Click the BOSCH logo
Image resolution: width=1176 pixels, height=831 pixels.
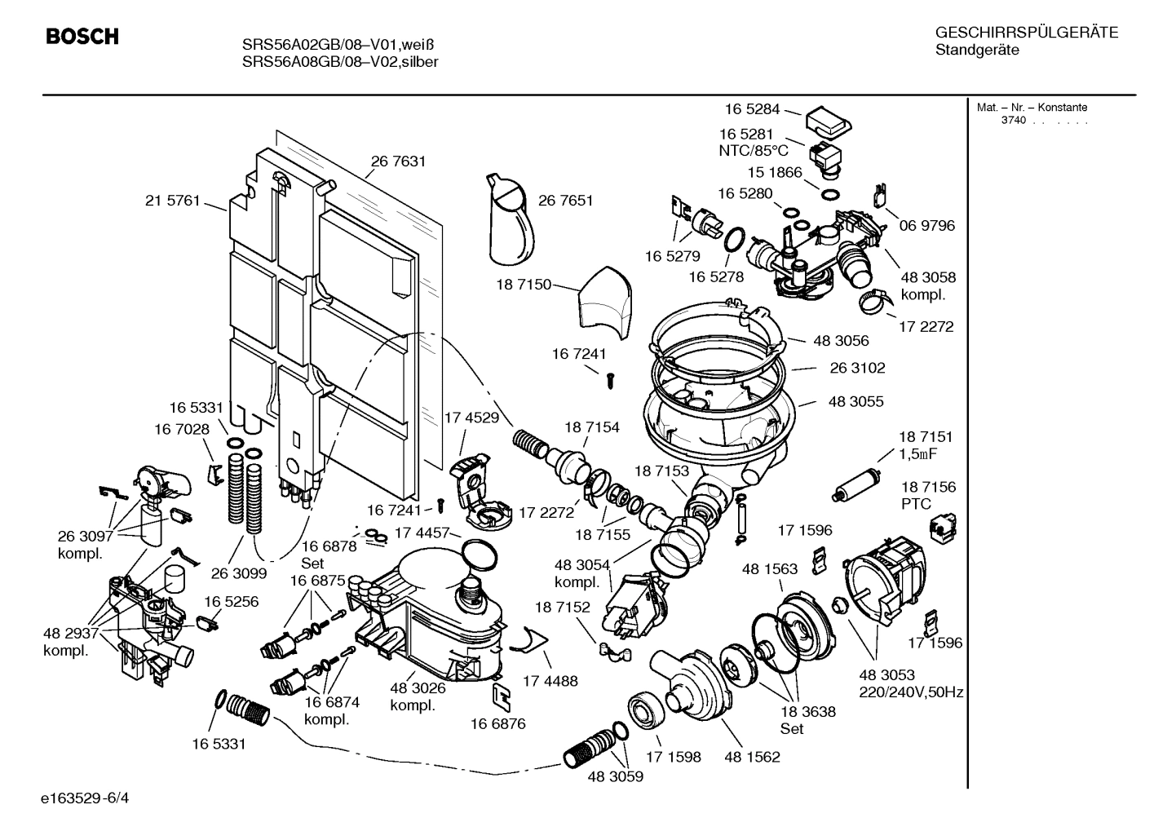click(82, 38)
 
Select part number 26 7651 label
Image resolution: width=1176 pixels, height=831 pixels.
click(565, 201)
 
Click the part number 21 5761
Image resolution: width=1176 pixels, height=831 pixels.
click(172, 201)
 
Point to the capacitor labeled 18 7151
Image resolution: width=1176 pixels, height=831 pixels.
click(855, 484)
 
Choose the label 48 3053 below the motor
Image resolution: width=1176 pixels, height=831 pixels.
click(886, 675)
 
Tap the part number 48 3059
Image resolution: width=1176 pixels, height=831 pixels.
click(615, 776)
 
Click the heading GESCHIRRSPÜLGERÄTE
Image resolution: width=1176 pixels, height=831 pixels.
click(1026, 33)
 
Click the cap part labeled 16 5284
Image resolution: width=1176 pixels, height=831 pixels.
click(829, 122)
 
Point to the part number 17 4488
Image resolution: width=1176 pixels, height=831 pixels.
click(550, 680)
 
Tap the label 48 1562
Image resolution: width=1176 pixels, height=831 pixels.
click(752, 757)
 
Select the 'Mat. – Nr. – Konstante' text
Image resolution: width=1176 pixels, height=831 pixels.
click(1032, 108)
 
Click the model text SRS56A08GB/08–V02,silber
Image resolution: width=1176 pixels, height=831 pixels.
click(340, 62)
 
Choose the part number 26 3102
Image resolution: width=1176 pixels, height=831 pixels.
click(857, 368)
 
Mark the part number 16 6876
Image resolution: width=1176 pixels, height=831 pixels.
click(497, 723)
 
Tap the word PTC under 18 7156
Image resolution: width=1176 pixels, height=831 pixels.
click(916, 504)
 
